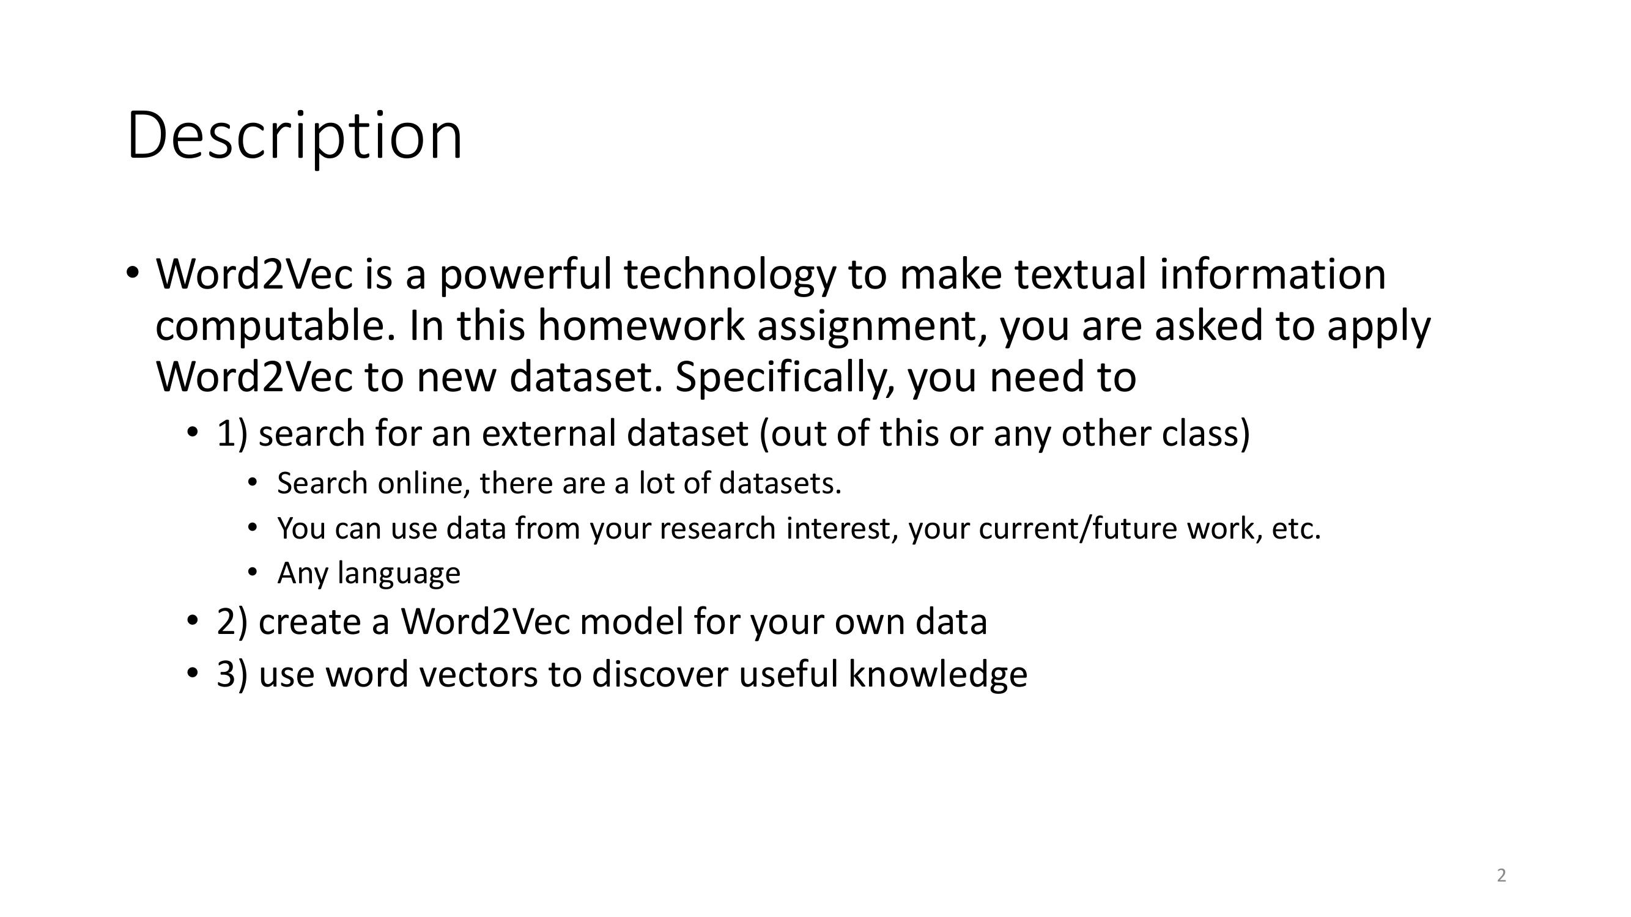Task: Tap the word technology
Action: pyautogui.click(x=730, y=276)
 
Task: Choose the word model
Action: pyautogui.click(x=631, y=622)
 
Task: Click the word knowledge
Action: pyautogui.click(x=938, y=675)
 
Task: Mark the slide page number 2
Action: pyautogui.click(x=1501, y=876)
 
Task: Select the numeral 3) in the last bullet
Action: pyautogui.click(x=232, y=675)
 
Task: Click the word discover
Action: pyautogui.click(x=660, y=675)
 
